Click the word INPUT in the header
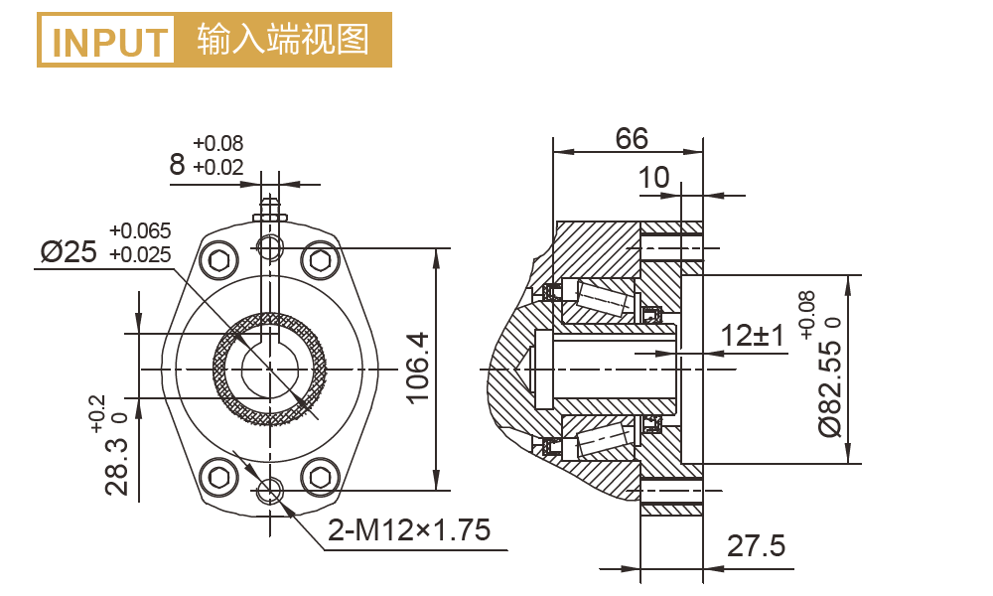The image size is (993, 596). coord(109,42)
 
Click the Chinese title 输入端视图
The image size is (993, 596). coord(283,41)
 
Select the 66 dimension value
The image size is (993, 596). coord(632,138)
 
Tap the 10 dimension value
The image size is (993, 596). coord(653,178)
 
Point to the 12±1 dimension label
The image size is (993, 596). coord(753,336)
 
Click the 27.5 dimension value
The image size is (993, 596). coord(757,546)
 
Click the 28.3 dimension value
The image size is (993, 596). coord(118,467)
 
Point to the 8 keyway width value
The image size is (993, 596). coord(177,165)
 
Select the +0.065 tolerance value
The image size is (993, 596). coord(140,232)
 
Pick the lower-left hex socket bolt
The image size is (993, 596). coord(220,477)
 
